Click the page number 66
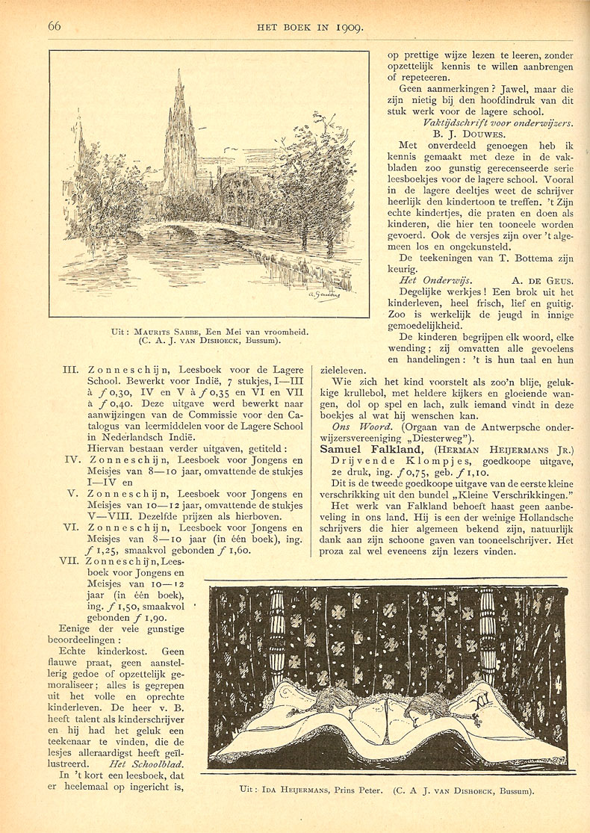click(x=55, y=26)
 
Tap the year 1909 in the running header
click(x=348, y=28)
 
